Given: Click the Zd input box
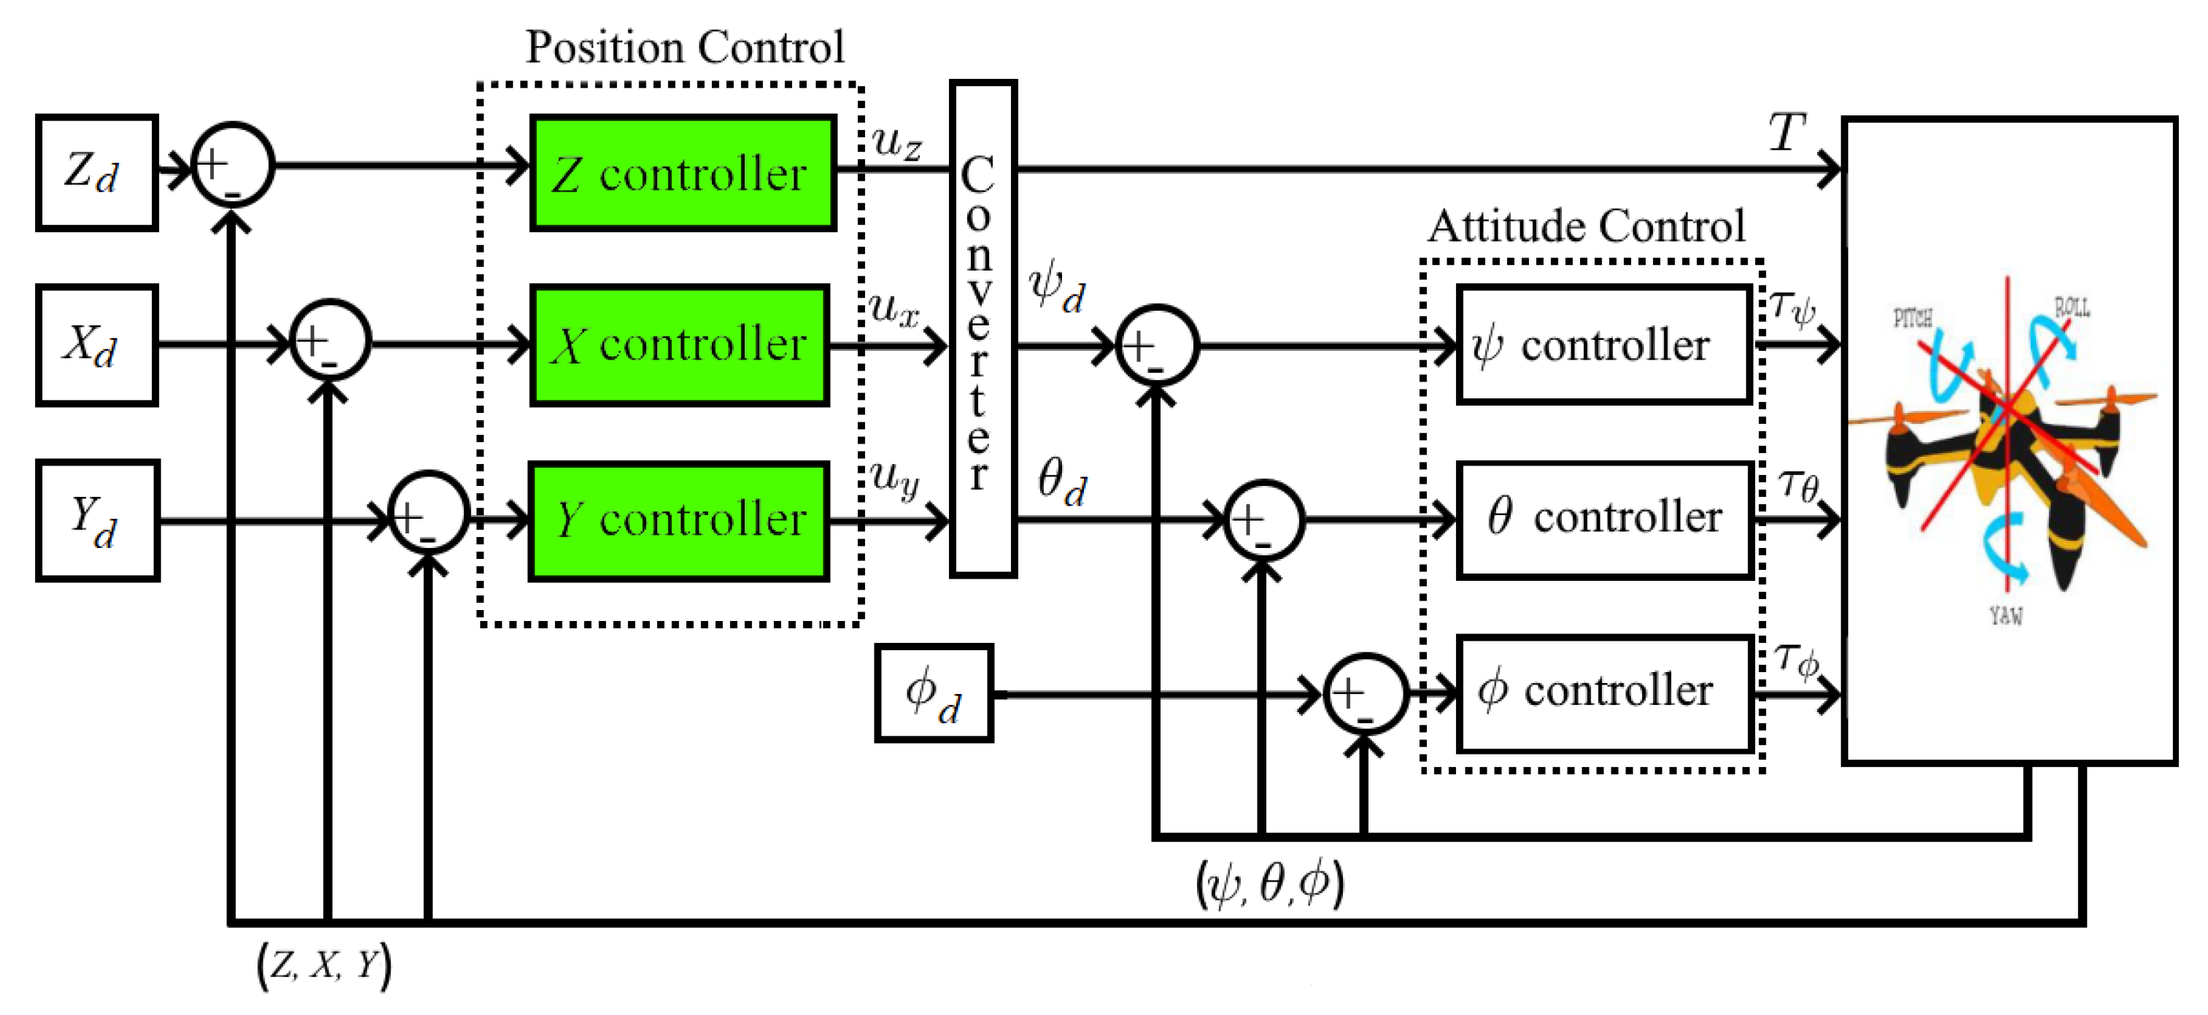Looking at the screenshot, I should click(96, 173).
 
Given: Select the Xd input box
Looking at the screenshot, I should click(96, 344).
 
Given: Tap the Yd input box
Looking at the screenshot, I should click(98, 520).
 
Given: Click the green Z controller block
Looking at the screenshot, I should click(682, 173).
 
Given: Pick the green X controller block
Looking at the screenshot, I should click(679, 344).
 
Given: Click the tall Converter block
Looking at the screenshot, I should click(983, 329).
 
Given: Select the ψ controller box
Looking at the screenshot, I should click(1603, 344).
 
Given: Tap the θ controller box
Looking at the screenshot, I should click(1604, 520).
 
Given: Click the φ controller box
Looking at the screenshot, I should click(1604, 693).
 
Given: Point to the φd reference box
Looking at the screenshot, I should click(934, 692).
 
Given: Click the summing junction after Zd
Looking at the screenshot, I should click(232, 165).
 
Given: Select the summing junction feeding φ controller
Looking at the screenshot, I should click(1365, 693).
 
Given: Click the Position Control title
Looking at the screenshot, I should click(685, 47).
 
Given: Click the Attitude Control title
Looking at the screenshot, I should click(1586, 226).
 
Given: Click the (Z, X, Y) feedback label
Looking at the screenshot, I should click(325, 965).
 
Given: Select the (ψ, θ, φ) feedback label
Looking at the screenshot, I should click(1269, 883).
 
